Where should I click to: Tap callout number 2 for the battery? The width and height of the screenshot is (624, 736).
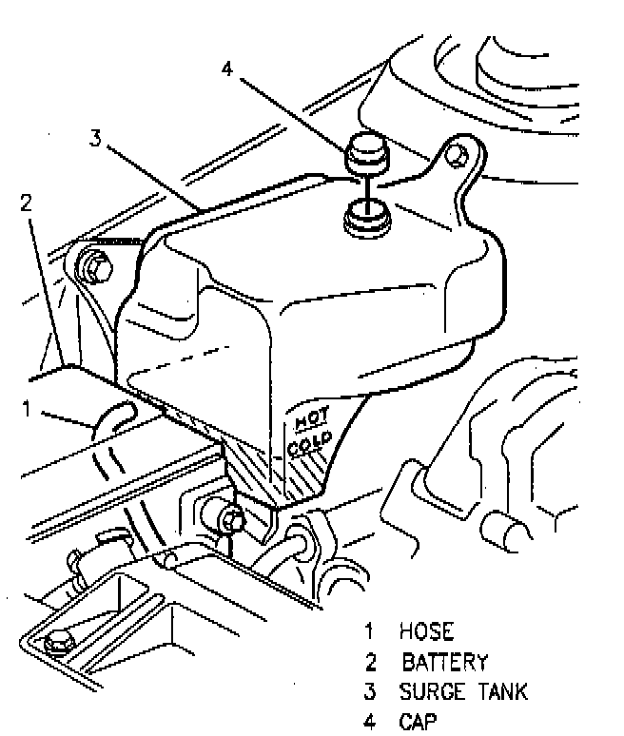(x=26, y=202)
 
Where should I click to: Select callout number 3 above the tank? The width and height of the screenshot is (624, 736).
(x=95, y=139)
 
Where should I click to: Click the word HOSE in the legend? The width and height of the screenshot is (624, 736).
(x=427, y=631)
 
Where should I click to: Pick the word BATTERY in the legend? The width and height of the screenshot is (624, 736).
(x=445, y=662)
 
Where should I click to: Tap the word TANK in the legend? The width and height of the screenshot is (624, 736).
(x=503, y=691)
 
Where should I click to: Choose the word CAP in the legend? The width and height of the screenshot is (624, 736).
(x=419, y=721)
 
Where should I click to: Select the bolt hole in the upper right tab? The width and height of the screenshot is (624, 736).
(x=458, y=153)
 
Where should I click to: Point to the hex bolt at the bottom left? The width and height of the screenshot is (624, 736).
(x=56, y=644)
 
